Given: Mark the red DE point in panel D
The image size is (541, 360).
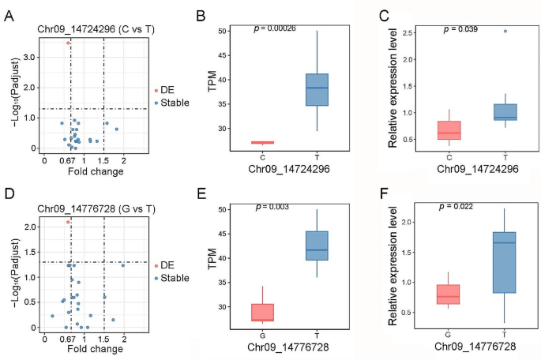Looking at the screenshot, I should pyautogui.click(x=69, y=223).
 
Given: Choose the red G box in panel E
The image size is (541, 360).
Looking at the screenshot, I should pyautogui.click(x=262, y=313).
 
